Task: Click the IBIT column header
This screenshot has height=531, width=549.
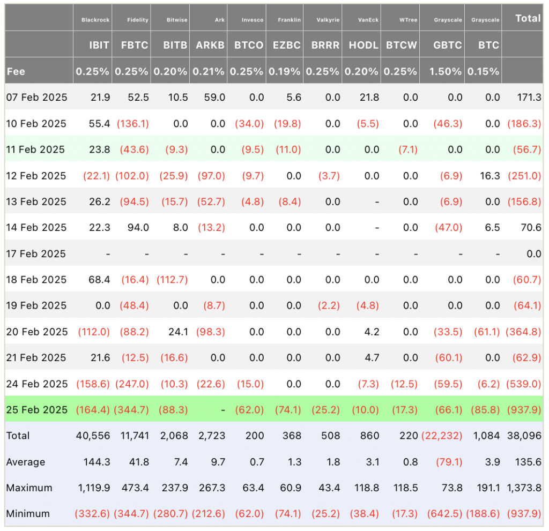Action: click(x=99, y=45)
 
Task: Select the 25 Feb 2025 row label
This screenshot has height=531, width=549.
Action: click(x=37, y=409)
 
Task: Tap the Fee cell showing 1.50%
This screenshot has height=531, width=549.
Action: click(x=446, y=71)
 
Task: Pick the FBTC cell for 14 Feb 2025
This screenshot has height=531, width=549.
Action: click(x=138, y=228)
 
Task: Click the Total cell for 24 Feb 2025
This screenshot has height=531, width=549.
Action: click(x=524, y=384)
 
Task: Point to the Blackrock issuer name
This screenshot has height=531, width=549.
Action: click(x=95, y=20)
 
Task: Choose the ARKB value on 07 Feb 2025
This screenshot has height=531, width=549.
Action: click(x=214, y=98)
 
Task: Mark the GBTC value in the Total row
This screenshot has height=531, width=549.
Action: click(x=442, y=436)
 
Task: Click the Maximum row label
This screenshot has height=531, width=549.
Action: click(x=29, y=488)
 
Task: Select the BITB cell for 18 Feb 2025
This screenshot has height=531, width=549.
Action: click(x=172, y=280)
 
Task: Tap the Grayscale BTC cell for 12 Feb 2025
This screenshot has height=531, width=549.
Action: click(x=490, y=176)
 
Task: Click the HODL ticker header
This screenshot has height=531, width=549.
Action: click(x=363, y=45)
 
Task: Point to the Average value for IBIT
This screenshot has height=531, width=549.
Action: click(x=97, y=462)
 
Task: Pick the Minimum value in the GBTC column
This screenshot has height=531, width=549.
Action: click(x=444, y=514)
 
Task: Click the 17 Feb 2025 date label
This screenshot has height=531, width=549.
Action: click(x=36, y=254)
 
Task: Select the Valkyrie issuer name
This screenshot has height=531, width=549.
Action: click(x=328, y=20)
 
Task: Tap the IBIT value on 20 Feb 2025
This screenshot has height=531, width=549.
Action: click(x=94, y=332)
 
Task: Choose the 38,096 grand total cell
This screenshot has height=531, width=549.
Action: click(x=524, y=436)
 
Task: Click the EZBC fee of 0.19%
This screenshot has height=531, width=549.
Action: click(x=284, y=71)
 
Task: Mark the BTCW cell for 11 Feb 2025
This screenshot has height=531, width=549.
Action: click(x=408, y=150)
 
